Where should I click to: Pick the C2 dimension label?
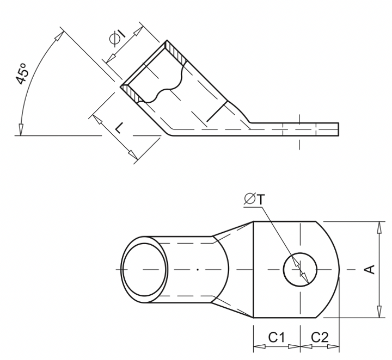[x=319, y=338]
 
